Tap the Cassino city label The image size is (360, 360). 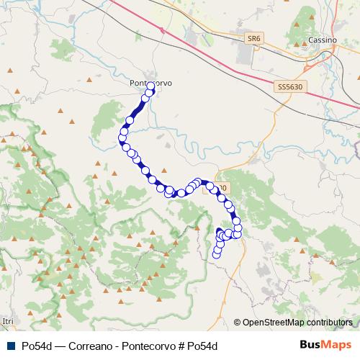tap(321, 40)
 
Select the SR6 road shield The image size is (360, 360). tap(253, 38)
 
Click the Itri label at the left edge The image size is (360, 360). tap(8, 320)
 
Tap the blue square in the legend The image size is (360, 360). tap(9, 346)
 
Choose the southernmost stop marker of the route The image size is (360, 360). tap(217, 253)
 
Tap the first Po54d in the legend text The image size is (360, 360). tap(36, 346)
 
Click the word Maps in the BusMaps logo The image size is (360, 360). tap(338, 345)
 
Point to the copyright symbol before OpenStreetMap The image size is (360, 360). tap(238, 323)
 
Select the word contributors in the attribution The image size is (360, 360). tap(328, 323)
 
